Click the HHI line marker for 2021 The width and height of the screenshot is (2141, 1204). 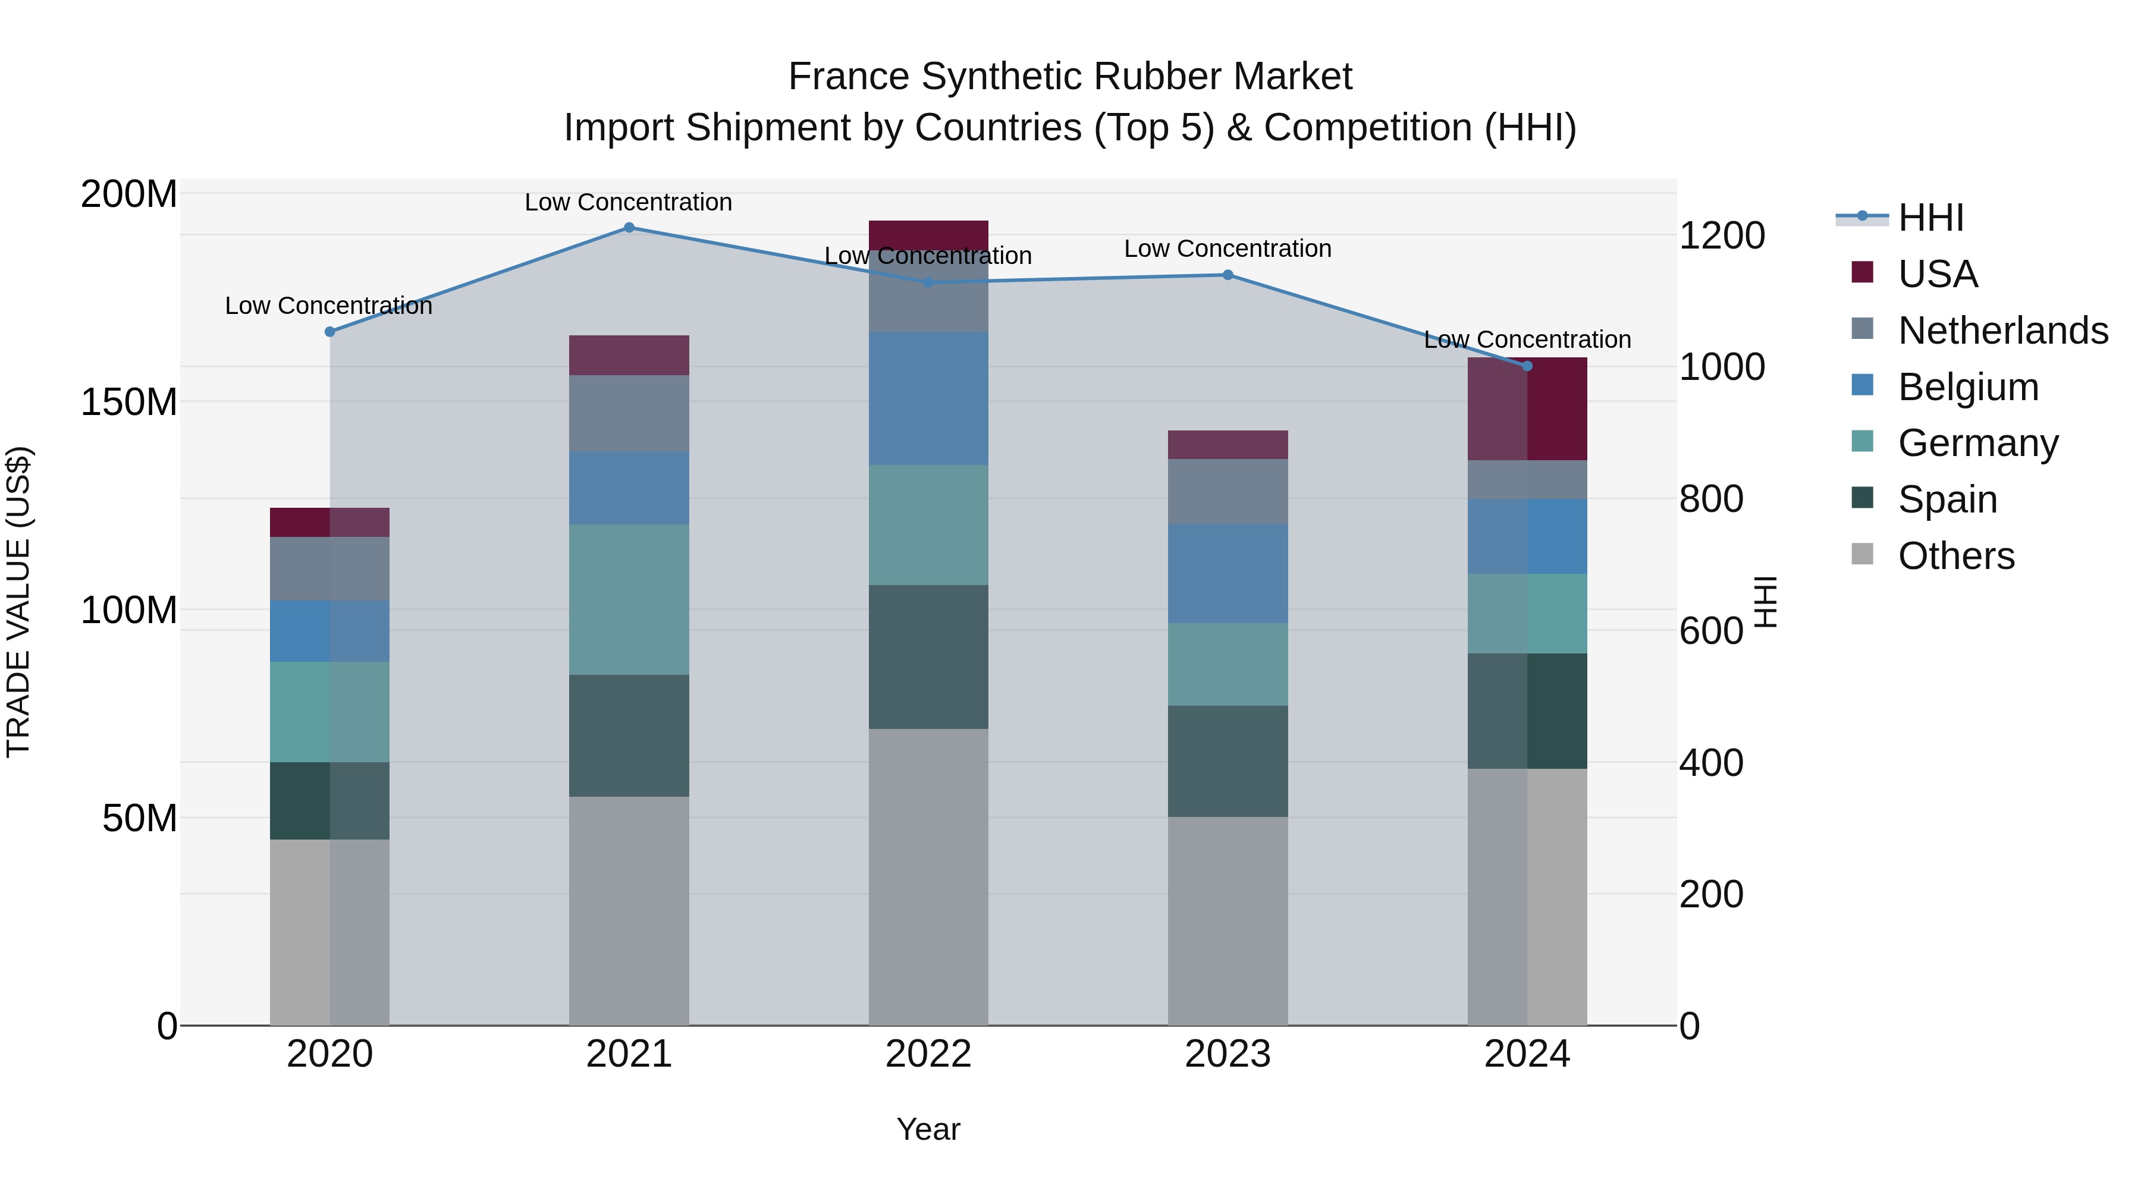(629, 228)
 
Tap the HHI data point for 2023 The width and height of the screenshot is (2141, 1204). (1228, 275)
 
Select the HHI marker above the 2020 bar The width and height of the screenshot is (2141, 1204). (330, 332)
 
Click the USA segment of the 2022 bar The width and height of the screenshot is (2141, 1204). (928, 234)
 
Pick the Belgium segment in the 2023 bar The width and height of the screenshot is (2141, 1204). (1228, 573)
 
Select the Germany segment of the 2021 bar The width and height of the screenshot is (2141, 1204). (629, 599)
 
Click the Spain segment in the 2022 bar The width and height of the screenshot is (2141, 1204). (928, 656)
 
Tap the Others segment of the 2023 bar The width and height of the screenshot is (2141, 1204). (1228, 920)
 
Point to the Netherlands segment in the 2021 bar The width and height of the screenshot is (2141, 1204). (629, 413)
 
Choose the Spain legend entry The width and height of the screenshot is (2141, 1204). (1947, 499)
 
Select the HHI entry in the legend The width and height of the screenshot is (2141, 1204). (1930, 218)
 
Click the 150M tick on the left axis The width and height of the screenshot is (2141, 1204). (129, 402)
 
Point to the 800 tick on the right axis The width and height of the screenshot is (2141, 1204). (1710, 499)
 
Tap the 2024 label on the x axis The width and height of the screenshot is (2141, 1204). (1527, 1054)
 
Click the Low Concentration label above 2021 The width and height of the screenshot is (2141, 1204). (629, 202)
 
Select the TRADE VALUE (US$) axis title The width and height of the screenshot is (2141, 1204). (18, 602)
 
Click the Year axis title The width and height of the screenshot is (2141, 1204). (928, 1129)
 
